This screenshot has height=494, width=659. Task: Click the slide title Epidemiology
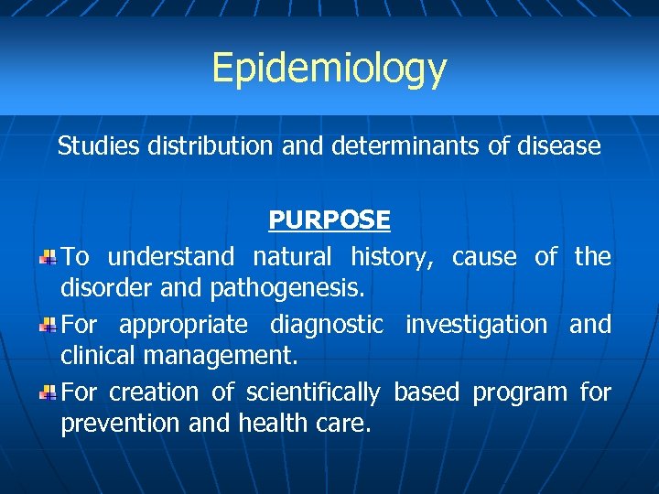click(329, 68)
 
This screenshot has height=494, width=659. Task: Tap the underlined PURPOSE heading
click(329, 220)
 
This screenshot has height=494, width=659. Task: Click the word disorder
click(99, 289)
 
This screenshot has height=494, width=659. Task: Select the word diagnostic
click(327, 325)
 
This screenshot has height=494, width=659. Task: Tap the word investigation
click(476, 325)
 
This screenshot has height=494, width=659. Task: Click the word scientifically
click(312, 392)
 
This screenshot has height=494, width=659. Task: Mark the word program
click(519, 392)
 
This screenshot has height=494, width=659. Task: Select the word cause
click(483, 257)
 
